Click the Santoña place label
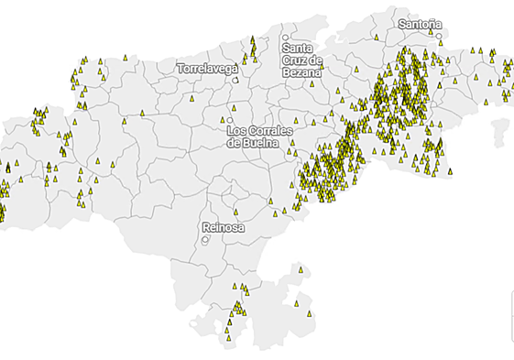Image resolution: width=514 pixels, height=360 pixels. (420, 23)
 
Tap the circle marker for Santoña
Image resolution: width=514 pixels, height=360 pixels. (440, 37)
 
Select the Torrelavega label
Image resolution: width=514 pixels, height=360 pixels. (207, 68)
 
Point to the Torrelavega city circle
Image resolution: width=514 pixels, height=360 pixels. (235, 80)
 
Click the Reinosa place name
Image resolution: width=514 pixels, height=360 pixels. (224, 227)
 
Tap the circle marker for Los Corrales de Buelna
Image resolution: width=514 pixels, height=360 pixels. (230, 120)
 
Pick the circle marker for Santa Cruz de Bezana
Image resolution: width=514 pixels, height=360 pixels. (286, 37)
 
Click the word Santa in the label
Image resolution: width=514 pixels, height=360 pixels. (298, 48)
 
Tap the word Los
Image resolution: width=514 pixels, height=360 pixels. (235, 130)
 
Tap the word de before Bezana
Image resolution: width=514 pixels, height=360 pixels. (316, 60)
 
